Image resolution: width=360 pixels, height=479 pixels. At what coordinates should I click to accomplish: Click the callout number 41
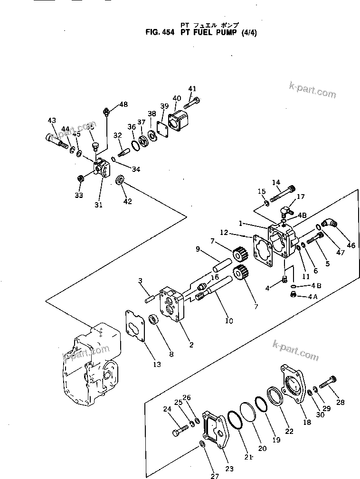[191, 88]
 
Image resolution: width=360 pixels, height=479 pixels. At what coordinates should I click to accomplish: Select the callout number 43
[52, 121]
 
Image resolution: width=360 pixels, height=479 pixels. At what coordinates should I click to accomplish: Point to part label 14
[276, 182]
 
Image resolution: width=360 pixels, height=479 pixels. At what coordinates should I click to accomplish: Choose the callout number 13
[157, 365]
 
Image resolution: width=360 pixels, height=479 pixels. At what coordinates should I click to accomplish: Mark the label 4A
[312, 297]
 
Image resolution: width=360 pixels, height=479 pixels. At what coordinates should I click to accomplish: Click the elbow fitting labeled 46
[328, 224]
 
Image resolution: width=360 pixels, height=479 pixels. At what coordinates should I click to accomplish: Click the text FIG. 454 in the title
[161, 33]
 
